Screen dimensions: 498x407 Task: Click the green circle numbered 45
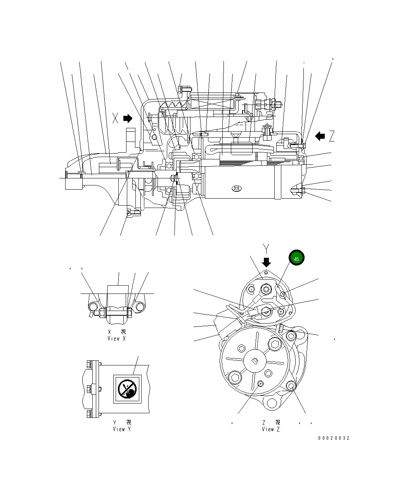coord(296,258)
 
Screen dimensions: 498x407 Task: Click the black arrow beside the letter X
coord(128,118)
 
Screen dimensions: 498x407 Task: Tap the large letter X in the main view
coord(115,118)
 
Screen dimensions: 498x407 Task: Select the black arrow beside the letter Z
coord(320,136)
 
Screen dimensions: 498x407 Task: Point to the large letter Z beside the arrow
coord(332,136)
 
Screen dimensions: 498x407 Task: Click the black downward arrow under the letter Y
coord(267,261)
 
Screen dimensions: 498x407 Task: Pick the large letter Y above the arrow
coord(266,248)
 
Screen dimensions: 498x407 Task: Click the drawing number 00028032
coord(334,438)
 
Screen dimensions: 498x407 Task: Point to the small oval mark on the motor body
coord(236,189)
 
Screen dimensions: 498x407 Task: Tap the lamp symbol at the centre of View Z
coord(255,361)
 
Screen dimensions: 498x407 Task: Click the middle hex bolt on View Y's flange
coord(90,388)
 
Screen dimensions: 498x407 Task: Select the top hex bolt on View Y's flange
coord(90,364)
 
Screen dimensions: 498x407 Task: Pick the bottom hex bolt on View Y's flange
coord(90,413)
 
